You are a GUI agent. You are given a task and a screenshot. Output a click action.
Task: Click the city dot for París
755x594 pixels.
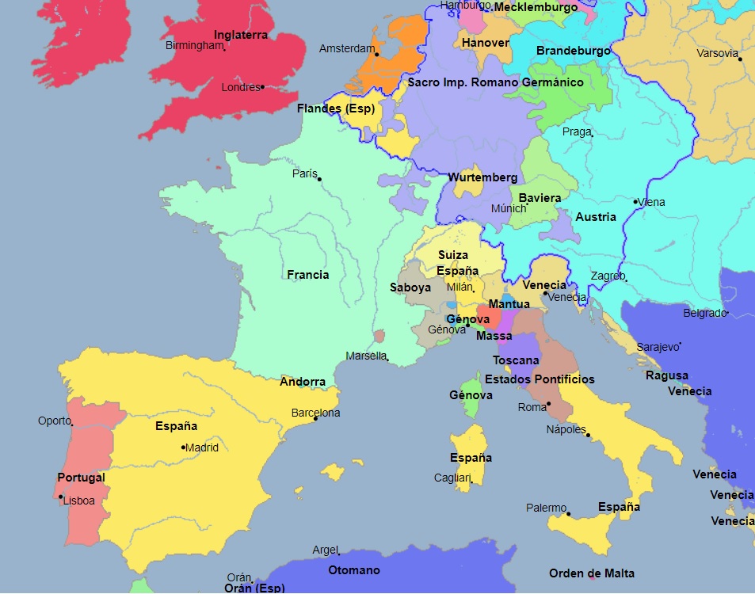[x=319, y=179]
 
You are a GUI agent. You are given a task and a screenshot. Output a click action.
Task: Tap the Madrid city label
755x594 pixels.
[x=202, y=447]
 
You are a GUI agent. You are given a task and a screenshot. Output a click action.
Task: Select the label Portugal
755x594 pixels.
[x=81, y=478]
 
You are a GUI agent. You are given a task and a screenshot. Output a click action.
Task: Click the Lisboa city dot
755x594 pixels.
[x=61, y=497]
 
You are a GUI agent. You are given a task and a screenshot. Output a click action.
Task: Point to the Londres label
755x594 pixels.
[x=240, y=88]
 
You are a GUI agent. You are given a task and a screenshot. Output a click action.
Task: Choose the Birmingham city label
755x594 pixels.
[x=194, y=45]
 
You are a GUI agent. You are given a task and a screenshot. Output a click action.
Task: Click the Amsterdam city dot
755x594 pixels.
[x=377, y=55]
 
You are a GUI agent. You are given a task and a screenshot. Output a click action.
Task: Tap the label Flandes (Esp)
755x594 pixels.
[x=336, y=109]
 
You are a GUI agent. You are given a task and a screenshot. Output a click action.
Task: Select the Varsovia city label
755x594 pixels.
[x=717, y=54]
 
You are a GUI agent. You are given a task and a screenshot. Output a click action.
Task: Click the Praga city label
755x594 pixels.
[x=576, y=131]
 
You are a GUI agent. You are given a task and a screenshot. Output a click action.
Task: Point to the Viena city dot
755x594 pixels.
[x=635, y=201]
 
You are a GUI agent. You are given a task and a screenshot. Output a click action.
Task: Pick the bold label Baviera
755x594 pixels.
[x=540, y=198]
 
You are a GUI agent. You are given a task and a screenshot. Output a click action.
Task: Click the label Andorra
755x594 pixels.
[x=303, y=382]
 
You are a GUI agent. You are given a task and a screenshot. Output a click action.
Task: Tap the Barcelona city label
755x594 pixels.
[x=315, y=413]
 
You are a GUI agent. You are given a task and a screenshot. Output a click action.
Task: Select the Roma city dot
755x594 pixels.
[x=548, y=404]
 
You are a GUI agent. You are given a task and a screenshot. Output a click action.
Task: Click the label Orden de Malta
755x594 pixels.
[x=592, y=573]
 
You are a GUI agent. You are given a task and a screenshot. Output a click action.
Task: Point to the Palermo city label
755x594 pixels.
[x=546, y=508]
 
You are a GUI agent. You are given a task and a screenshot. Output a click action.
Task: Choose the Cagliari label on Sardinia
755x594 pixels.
[x=452, y=478]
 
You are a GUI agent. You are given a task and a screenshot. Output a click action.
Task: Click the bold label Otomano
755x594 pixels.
[x=354, y=570]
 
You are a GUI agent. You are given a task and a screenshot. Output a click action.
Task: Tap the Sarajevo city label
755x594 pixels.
[x=658, y=347]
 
